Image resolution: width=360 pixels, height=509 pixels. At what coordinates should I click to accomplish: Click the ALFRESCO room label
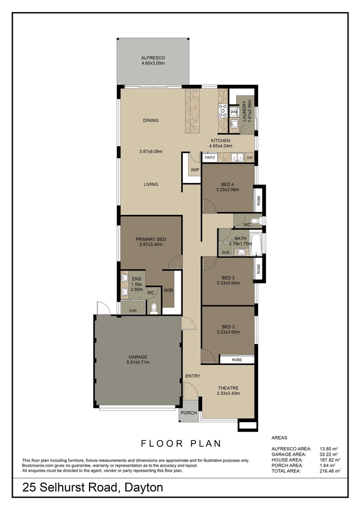click(x=153, y=57)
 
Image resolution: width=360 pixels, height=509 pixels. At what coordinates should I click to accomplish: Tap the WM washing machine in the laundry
click(x=233, y=112)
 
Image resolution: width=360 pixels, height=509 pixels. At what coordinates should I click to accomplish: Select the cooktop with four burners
click(x=222, y=111)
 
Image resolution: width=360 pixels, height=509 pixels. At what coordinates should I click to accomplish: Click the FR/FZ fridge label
click(x=210, y=157)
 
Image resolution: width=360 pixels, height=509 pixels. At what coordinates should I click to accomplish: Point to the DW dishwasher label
click(x=250, y=157)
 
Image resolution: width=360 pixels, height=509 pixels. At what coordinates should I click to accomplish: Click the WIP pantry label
click(x=195, y=170)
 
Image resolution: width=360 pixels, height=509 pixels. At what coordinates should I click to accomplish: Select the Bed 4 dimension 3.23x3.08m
click(x=228, y=190)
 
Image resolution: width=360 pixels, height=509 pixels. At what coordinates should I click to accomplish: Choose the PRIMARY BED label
click(x=151, y=239)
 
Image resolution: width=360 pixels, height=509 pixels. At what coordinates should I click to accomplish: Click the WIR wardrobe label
click(x=169, y=290)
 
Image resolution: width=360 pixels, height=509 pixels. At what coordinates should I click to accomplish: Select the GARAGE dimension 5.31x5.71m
click(x=138, y=362)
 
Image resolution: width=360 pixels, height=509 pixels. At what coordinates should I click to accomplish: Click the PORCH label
click(x=188, y=412)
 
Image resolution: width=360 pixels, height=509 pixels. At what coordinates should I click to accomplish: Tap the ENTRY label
click(x=193, y=376)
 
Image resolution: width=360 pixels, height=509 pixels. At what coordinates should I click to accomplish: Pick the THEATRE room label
click(x=228, y=388)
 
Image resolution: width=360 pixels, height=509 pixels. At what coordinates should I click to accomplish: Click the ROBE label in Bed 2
click(x=237, y=360)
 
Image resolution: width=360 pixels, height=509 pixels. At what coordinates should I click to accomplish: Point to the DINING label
click(x=151, y=120)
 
